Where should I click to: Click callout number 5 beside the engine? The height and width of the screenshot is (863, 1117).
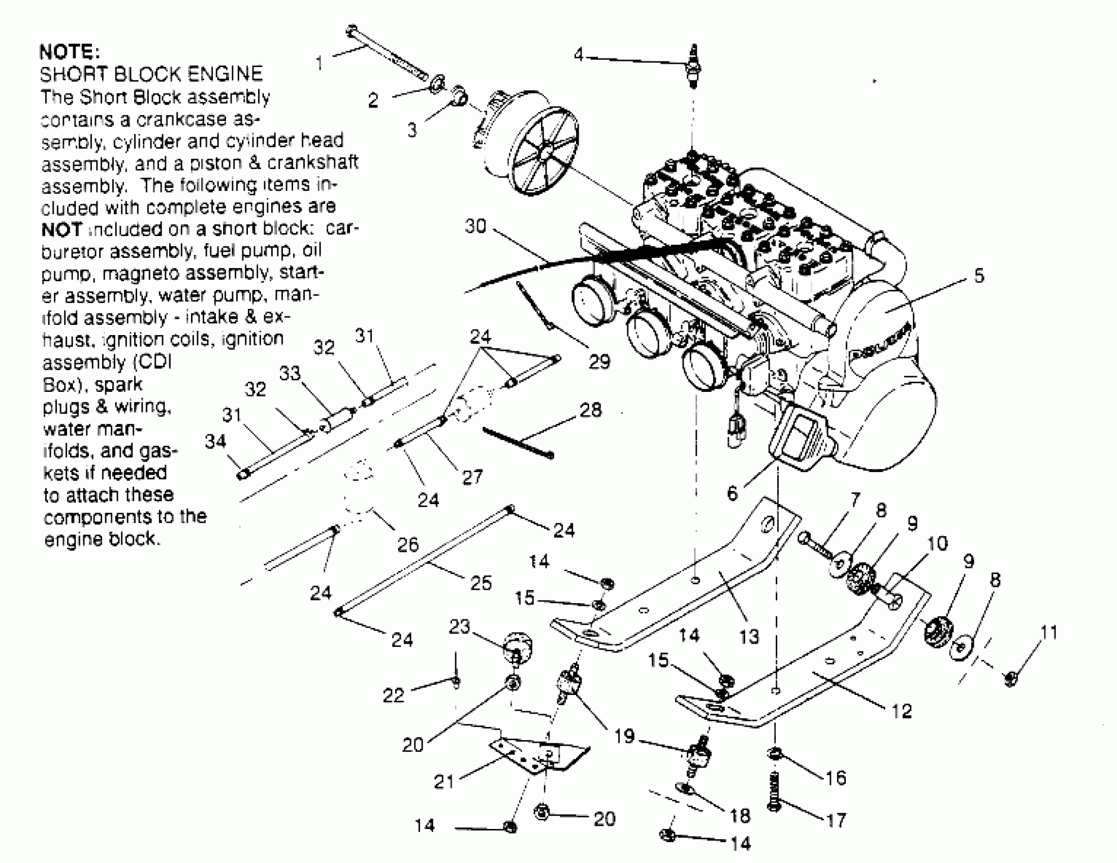click(979, 276)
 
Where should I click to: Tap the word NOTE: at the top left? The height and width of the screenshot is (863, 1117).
click(70, 52)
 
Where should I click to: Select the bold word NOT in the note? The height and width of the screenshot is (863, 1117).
click(61, 229)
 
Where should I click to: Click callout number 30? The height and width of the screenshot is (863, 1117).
click(475, 226)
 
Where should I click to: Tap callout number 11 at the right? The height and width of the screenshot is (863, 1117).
click(1048, 633)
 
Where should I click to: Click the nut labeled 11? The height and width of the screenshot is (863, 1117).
click(1011, 679)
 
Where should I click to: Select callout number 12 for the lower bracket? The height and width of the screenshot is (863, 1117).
click(901, 711)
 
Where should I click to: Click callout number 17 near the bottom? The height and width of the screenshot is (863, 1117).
click(836, 820)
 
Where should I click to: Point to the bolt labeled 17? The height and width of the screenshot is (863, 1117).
click(775, 791)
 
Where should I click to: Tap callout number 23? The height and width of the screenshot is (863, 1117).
click(459, 626)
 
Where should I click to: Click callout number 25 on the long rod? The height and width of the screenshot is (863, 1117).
click(481, 583)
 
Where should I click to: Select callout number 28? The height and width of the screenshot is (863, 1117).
click(591, 410)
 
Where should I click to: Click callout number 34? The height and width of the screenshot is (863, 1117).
click(215, 441)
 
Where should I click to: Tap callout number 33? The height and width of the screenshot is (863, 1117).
click(290, 373)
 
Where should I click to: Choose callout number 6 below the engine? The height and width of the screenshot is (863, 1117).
click(732, 493)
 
